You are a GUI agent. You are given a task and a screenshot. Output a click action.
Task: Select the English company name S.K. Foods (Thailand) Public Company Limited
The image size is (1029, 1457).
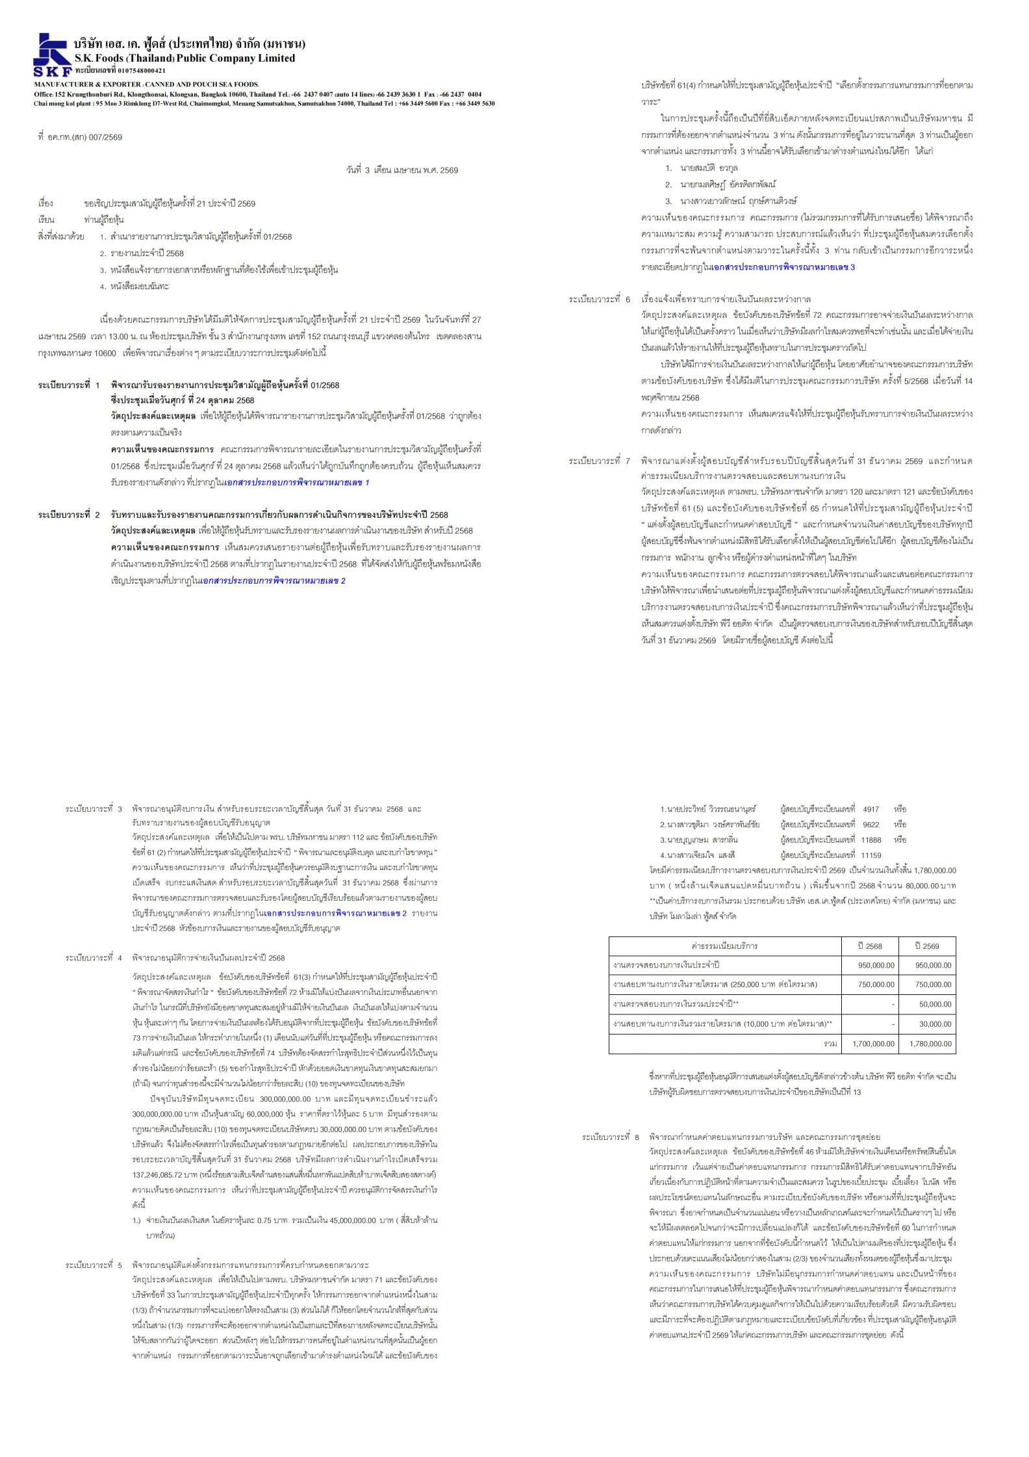(x=184, y=58)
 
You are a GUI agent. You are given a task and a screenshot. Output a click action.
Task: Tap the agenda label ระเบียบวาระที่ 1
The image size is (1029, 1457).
(x=69, y=385)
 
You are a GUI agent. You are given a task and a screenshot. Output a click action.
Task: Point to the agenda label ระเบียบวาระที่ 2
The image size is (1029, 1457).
(x=69, y=515)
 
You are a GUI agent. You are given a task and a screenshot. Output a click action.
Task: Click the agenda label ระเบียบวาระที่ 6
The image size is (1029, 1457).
(x=600, y=300)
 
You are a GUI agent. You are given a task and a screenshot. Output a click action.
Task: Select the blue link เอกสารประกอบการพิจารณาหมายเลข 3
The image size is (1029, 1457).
(x=783, y=267)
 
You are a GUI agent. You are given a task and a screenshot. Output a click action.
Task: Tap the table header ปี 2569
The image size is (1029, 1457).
(x=927, y=946)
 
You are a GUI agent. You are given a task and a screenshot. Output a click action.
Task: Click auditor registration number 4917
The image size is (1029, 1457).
(x=870, y=809)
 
